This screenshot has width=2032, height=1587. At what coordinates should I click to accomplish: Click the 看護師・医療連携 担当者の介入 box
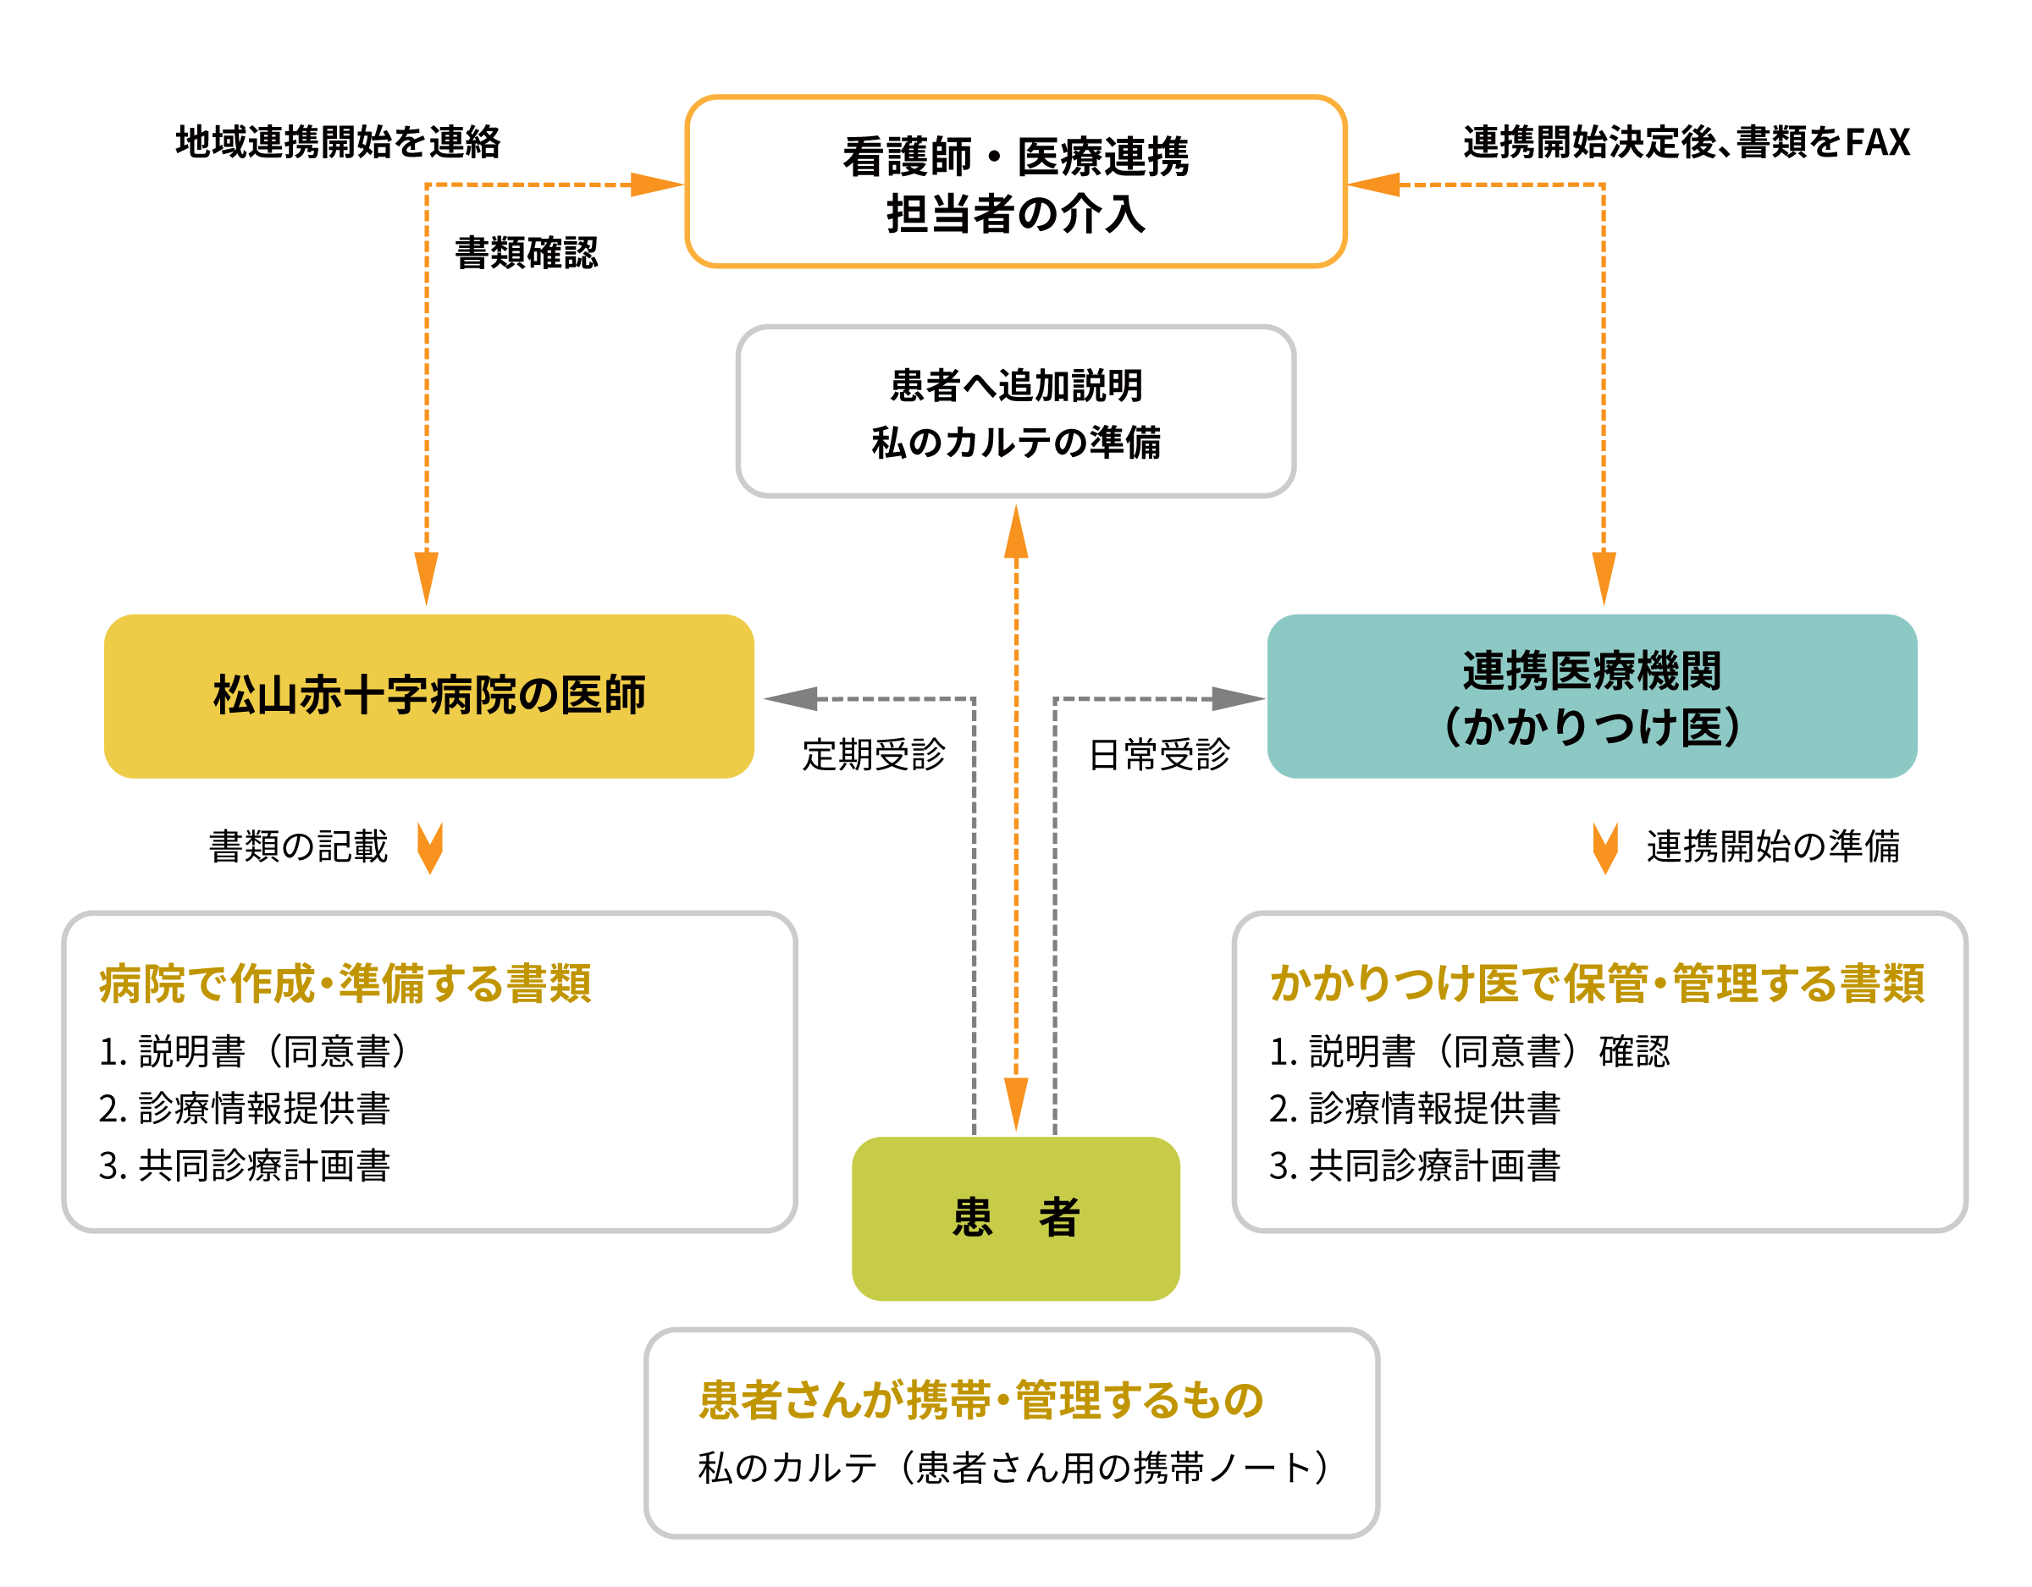[x=1015, y=182]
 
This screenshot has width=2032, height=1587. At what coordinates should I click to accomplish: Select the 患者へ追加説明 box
[x=1015, y=411]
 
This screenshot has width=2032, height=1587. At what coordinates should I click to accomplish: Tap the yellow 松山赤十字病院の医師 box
[x=429, y=696]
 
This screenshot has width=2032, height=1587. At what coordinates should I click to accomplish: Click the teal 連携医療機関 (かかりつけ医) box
[x=1591, y=696]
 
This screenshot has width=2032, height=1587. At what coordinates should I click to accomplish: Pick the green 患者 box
[x=1015, y=1218]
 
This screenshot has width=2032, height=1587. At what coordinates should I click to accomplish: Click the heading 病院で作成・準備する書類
[x=345, y=984]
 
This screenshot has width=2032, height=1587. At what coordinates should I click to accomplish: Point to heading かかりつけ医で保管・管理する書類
[x=1597, y=984]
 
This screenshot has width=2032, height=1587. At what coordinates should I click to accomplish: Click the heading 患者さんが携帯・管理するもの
[x=981, y=1400]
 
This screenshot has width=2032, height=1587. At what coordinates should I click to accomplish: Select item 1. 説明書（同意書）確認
[x=1469, y=1051]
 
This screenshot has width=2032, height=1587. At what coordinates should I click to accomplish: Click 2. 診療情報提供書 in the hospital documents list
[x=245, y=1108]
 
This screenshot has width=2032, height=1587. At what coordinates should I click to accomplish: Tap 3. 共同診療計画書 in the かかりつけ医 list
[x=1414, y=1165]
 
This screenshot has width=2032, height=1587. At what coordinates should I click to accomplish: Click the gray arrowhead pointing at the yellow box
[x=791, y=698]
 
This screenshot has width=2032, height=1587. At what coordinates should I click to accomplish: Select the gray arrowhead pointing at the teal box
[x=1238, y=698]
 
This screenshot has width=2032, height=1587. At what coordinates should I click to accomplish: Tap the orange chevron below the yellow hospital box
[x=430, y=847]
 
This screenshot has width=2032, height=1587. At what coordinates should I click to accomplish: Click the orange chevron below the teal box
[x=1605, y=847]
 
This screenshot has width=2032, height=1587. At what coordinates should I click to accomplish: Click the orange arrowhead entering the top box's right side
[x=1375, y=185]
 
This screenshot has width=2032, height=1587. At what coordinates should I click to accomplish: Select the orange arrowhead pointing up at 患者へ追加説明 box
[x=1016, y=532]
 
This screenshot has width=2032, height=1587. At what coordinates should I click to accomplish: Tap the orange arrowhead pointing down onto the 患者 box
[x=1016, y=1105]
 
